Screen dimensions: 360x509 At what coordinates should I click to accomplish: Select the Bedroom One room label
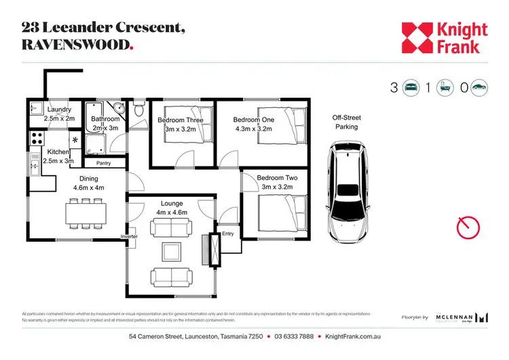pos(253,120)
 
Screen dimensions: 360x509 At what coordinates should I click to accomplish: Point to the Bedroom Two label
pos(277,178)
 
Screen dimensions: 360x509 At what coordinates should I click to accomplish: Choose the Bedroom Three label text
pos(181,120)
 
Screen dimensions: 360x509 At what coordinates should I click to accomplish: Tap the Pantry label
pos(104,163)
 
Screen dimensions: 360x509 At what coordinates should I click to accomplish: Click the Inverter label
pos(129,236)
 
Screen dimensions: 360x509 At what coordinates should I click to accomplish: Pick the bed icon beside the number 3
pos(411,88)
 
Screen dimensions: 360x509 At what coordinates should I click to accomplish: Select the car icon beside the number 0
pos(480,88)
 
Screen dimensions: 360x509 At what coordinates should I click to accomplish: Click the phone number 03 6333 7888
pos(294,338)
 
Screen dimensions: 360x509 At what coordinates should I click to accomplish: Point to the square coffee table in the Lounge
pos(171,252)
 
